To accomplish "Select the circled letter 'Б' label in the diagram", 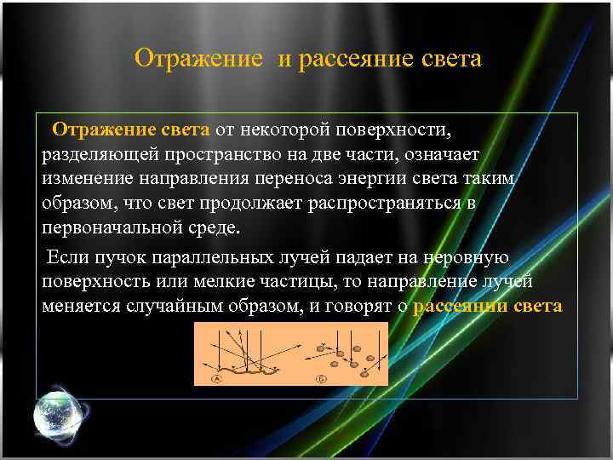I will (x=322, y=378).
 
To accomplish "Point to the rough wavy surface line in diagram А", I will (x=243, y=367).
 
